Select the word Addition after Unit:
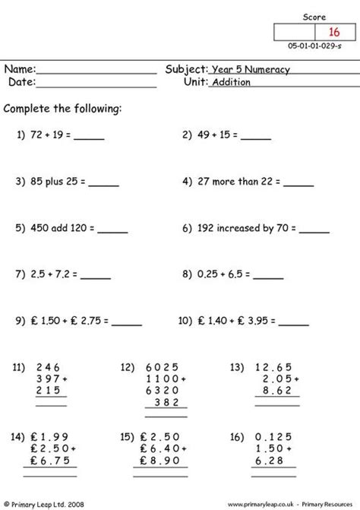[x=231, y=83]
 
